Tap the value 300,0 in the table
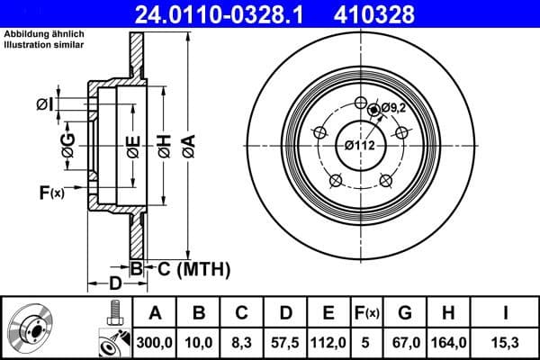point(154,341)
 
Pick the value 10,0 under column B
point(200,341)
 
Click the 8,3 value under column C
point(242,341)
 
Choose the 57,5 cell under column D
point(285,341)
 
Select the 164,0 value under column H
point(451,341)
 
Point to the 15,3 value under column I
point(506,341)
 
